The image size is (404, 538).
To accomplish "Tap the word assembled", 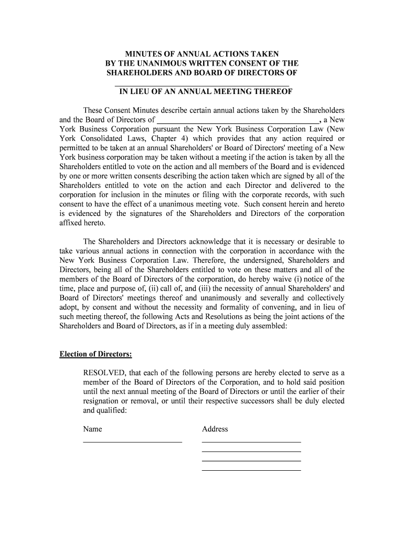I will point(265,326).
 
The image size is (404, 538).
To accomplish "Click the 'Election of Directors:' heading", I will point(95,354).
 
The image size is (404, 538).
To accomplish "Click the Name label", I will point(92,429).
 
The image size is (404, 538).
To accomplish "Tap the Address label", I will point(215,429).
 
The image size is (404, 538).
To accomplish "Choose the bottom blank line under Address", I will point(251,470).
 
